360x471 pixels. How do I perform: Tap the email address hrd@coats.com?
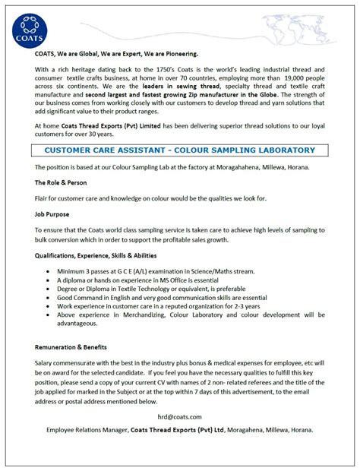tap(180, 417)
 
